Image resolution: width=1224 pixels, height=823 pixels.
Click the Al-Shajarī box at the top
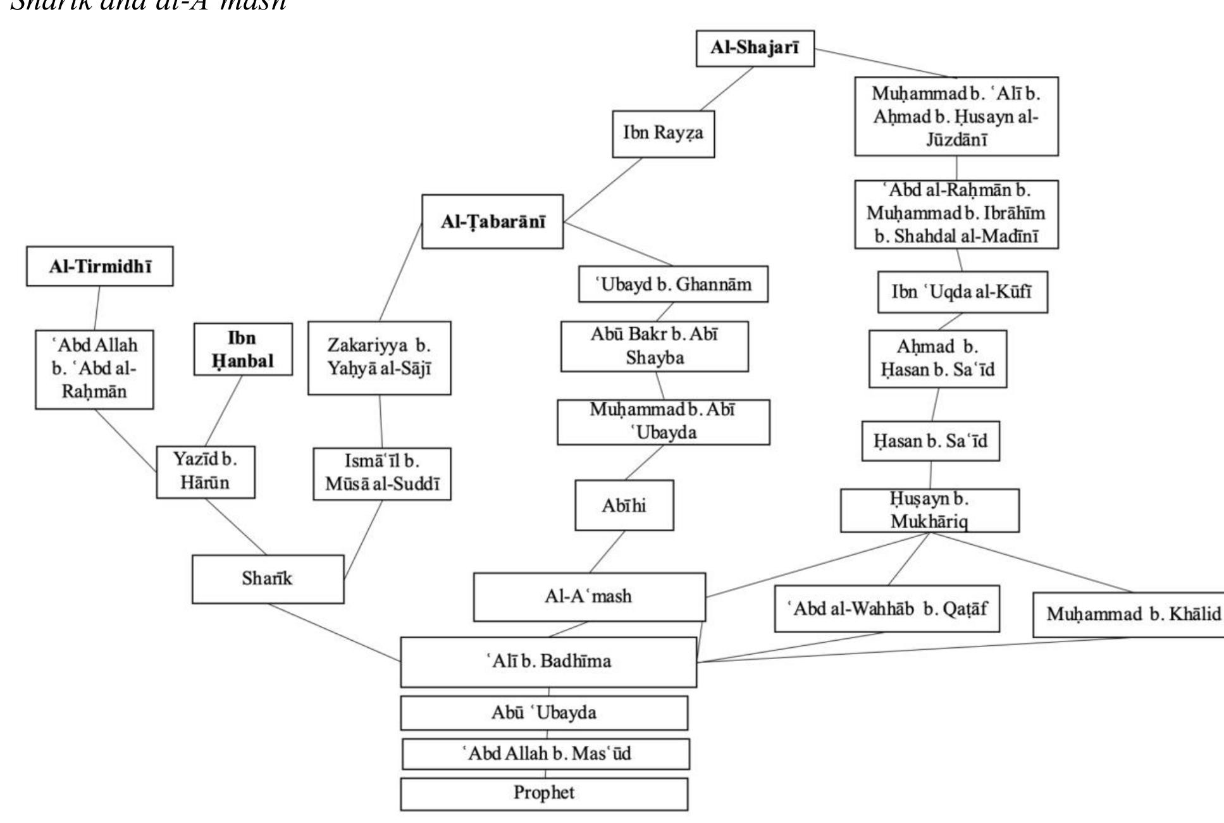tap(755, 48)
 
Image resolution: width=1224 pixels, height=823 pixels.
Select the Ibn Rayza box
tap(663, 133)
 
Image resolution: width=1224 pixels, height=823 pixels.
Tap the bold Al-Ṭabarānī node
tap(492, 221)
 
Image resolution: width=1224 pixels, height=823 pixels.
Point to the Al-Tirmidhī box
tap(99, 266)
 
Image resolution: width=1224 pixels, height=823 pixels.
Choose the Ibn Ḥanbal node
tap(243, 349)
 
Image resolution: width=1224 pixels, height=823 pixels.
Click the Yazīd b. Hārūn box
tap(206, 471)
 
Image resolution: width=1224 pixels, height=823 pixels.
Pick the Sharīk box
tap(268, 579)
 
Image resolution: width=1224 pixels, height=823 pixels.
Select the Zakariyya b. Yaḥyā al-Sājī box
tap(379, 357)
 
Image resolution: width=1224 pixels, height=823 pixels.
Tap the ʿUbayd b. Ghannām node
tap(673, 284)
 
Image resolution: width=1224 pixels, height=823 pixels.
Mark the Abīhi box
tap(624, 505)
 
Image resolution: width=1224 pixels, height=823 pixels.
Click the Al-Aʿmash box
tap(589, 597)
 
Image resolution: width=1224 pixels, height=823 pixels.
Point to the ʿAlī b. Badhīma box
tap(548, 662)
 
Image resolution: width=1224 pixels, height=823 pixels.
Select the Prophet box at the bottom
tap(543, 793)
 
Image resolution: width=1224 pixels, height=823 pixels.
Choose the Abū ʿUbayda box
tap(543, 713)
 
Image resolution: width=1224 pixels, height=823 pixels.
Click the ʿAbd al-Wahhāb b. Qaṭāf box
tap(886, 609)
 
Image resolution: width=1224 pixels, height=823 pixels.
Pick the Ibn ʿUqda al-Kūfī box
tap(961, 292)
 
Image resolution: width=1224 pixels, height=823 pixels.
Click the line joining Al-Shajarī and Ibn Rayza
tap(727, 89)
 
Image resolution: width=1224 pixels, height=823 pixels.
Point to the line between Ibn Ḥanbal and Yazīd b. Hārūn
tap(225, 411)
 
